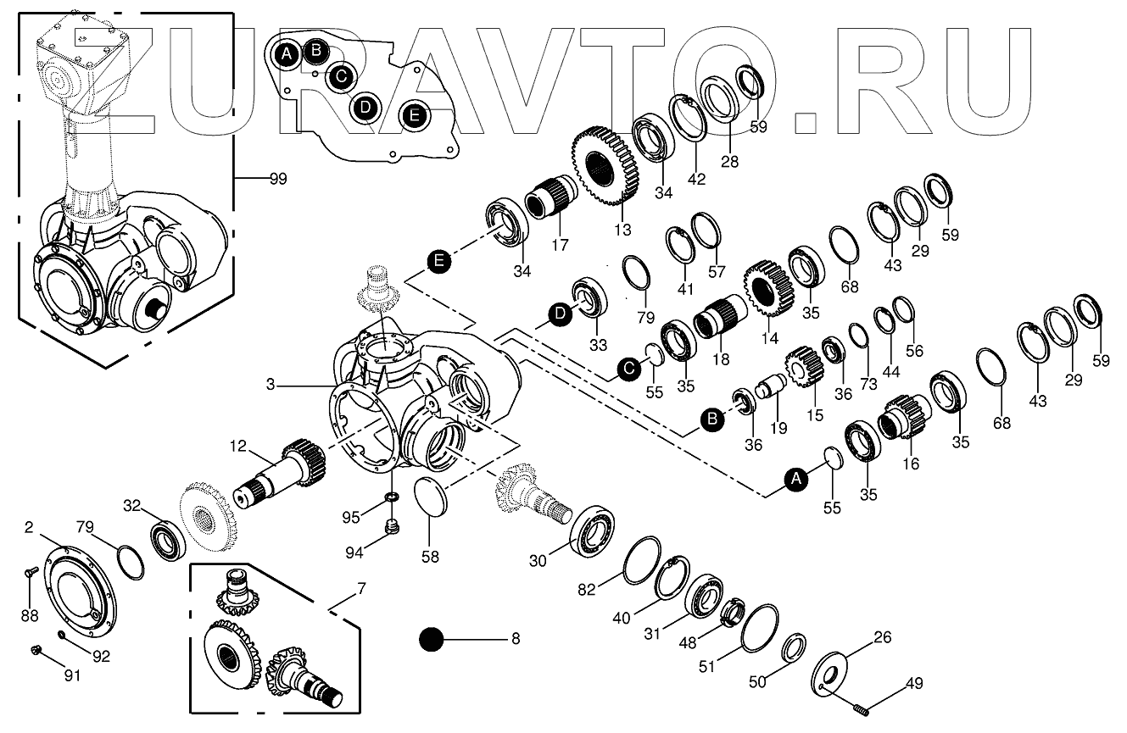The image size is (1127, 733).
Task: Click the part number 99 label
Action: coord(277,179)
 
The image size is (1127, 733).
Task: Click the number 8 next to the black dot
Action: coord(515,638)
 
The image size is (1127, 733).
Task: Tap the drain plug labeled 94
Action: coord(392,528)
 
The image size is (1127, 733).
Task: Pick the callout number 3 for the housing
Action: coord(271,385)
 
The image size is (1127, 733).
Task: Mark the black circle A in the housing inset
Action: coord(287,55)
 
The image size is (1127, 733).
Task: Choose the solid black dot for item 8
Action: coord(432,639)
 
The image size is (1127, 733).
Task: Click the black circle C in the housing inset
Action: coord(340,76)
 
